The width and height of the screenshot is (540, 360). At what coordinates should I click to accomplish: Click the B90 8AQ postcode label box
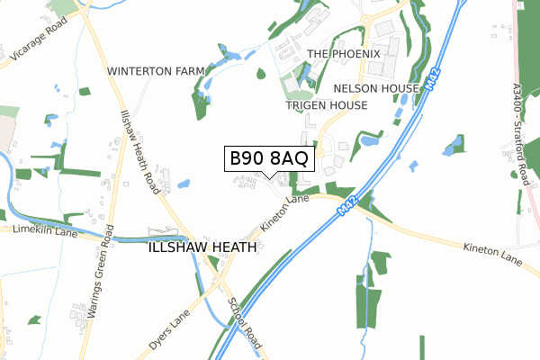click(x=269, y=158)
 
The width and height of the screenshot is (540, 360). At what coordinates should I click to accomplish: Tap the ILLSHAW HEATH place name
click(x=202, y=247)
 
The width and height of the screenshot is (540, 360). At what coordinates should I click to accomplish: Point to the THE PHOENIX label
click(x=345, y=54)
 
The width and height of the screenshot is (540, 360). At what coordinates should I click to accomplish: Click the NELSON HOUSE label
click(x=376, y=88)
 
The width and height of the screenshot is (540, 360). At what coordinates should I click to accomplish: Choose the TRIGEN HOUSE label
click(x=327, y=105)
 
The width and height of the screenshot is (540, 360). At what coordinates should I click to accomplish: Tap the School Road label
click(x=245, y=324)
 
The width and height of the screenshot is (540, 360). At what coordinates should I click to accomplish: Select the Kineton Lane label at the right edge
click(x=492, y=254)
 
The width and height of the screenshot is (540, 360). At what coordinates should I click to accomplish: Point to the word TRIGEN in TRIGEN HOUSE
click(x=306, y=105)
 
